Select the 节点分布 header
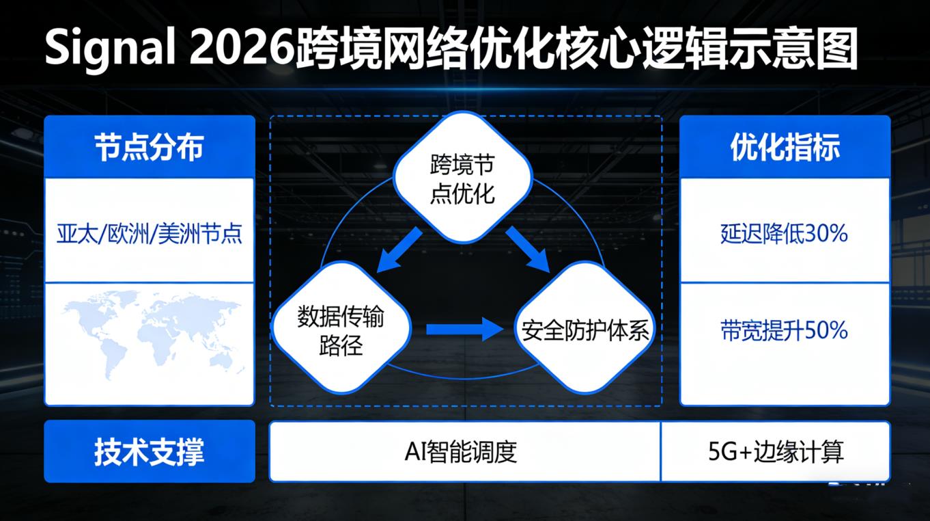click(149, 147)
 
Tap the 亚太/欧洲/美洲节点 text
click(149, 235)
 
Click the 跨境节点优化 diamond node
click(463, 178)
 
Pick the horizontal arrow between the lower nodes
click(464, 330)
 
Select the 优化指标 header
click(785, 147)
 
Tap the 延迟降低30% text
click(784, 234)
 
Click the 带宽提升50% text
click(784, 331)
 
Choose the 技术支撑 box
click(149, 452)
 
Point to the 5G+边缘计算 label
click(776, 452)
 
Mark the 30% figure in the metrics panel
click(826, 234)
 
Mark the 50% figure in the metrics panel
click(827, 331)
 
